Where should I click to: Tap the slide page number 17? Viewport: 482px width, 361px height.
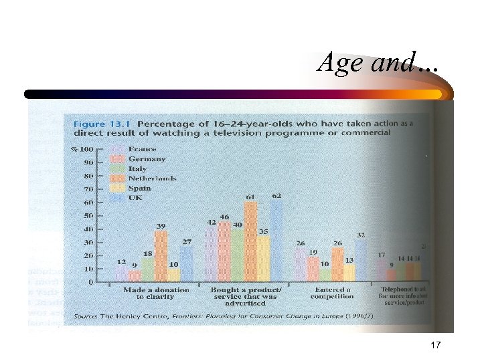point(435,345)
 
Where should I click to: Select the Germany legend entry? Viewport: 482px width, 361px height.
point(147,159)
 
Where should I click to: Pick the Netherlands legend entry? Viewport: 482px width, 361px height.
point(152,178)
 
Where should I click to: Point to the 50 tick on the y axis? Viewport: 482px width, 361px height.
point(88,216)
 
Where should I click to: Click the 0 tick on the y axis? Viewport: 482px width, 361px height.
point(90,282)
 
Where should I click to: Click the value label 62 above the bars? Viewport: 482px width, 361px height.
point(276,196)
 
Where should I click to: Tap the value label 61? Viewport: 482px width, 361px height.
point(250,197)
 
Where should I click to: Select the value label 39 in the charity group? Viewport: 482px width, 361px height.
point(161,227)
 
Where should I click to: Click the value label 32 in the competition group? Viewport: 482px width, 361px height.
point(360,235)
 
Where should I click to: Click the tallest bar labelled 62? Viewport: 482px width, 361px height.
point(276,241)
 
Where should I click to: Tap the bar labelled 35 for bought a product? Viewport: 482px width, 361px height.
point(263,259)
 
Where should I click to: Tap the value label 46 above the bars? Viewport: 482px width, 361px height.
point(224,217)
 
